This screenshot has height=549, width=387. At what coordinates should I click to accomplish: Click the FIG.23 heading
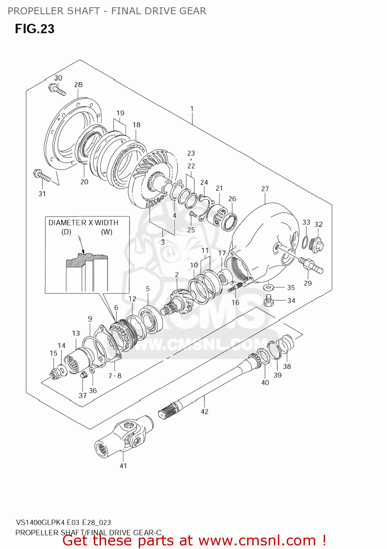tap(34, 29)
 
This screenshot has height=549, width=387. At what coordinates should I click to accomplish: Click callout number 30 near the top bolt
tap(58, 78)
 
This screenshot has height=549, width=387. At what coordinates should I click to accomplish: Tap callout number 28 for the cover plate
tap(78, 85)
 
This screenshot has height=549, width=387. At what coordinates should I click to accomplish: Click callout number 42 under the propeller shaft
tap(204, 411)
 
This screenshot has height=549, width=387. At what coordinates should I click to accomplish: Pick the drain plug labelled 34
tap(269, 300)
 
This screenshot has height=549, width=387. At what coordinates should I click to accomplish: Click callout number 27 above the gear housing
tap(265, 189)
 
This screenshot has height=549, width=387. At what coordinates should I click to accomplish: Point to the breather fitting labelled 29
tap(310, 265)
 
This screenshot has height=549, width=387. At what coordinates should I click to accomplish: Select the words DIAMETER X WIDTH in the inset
tap(83, 223)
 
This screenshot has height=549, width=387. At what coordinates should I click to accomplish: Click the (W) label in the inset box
tap(107, 232)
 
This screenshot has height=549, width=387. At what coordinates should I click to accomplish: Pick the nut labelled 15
tap(55, 374)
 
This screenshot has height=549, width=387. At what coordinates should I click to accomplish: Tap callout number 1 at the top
tap(191, 109)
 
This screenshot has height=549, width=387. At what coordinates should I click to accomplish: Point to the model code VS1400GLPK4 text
tap(41, 522)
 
